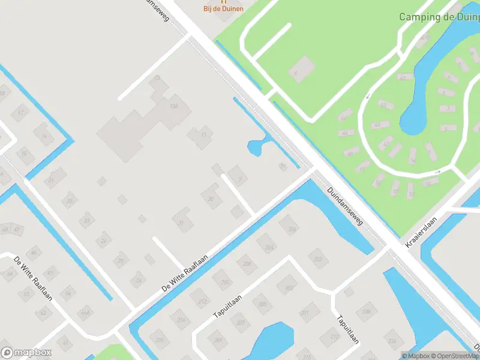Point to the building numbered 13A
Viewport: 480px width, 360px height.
[175, 106]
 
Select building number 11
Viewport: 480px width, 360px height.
[203, 135]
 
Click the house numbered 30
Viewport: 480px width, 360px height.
[211, 199]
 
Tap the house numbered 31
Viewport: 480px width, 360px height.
[181, 224]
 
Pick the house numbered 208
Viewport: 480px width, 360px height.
[246, 264]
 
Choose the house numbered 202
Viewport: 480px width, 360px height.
[318, 259]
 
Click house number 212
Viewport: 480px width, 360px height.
[203, 301]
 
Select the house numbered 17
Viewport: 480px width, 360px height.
[21, 112]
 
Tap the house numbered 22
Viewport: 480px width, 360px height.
[70, 200]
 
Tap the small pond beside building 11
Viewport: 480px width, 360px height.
[254, 146]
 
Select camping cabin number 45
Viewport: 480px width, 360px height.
[377, 125]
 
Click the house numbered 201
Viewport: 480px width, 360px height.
[304, 313]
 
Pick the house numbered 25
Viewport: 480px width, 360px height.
[121, 260]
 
